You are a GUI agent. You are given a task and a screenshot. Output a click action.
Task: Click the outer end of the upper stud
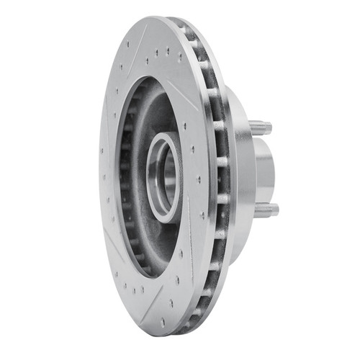point(270,128)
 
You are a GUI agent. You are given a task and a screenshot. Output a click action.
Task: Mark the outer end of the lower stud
point(276,210)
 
